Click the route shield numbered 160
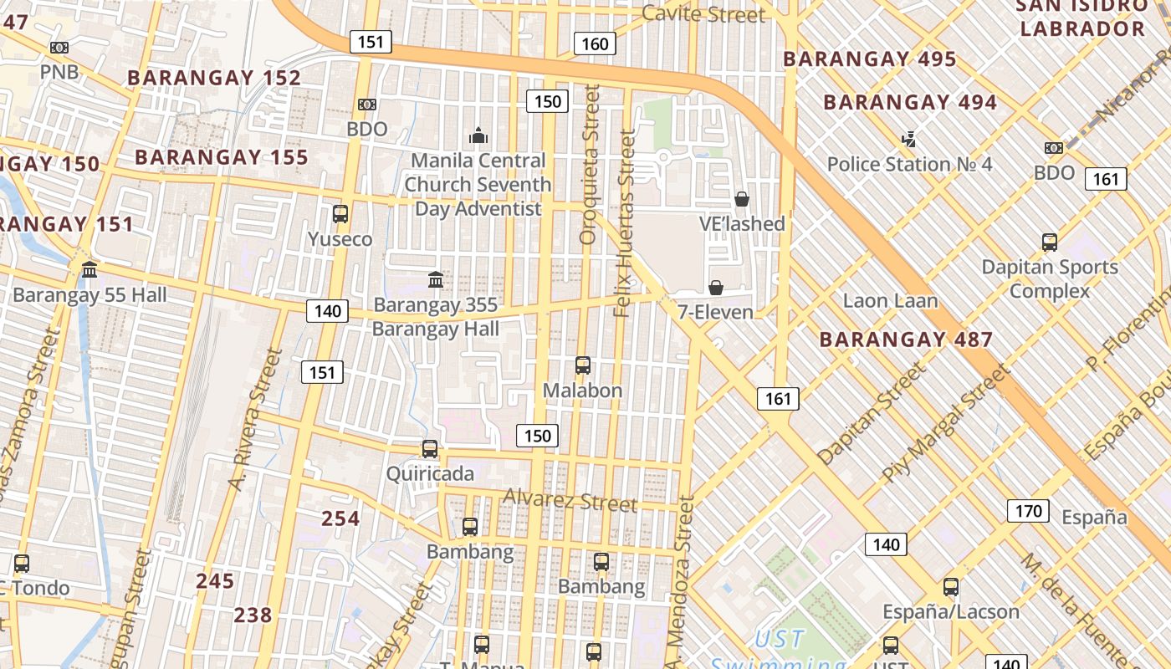pyautogui.click(x=595, y=43)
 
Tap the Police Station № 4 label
pyautogui.click(x=909, y=164)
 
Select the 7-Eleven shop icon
pyautogui.click(x=716, y=288)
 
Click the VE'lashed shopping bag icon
pyautogui.click(x=741, y=199)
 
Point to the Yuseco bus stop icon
pyautogui.click(x=340, y=213)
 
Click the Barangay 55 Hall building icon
pyautogui.click(x=89, y=269)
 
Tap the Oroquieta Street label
pyautogui.click(x=591, y=165)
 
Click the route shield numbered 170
pyautogui.click(x=1027, y=511)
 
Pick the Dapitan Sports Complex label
pyautogui.click(x=1050, y=279)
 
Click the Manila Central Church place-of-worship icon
pyautogui.click(x=478, y=135)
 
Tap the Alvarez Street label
pyautogui.click(x=570, y=501)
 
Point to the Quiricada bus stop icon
pyautogui.click(x=430, y=449)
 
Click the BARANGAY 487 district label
pyautogui.click(x=906, y=340)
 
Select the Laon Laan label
pyautogui.click(x=890, y=300)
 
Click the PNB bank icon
pyautogui.click(x=59, y=48)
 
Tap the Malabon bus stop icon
pyautogui.click(x=583, y=365)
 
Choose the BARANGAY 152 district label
pyautogui.click(x=214, y=78)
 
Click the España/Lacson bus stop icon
pyautogui.click(x=951, y=587)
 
